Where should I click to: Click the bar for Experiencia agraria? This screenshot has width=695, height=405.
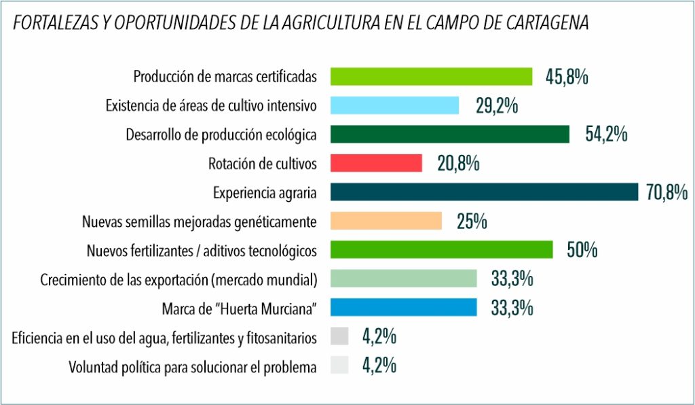point(484,192)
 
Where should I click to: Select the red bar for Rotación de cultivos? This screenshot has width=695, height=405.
point(376,163)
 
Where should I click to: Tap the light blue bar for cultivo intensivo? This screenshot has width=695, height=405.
point(394,105)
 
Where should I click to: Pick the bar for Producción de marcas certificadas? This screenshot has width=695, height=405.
point(431,76)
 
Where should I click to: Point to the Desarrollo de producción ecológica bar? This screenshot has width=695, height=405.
point(449,135)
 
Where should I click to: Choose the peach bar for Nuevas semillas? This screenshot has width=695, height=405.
point(386,222)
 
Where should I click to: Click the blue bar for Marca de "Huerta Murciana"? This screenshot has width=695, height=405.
point(404,308)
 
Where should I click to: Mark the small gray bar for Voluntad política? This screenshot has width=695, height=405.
point(339,366)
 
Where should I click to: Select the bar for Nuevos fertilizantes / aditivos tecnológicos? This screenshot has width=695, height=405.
point(441,250)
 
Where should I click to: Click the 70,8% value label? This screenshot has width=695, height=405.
point(667,193)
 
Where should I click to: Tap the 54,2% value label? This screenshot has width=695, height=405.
point(606,135)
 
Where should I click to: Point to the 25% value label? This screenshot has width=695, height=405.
point(472,222)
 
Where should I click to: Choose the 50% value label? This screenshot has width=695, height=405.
point(582,250)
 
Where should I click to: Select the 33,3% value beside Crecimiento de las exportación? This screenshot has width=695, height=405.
point(511,279)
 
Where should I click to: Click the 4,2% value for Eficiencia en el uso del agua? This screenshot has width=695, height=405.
point(379,336)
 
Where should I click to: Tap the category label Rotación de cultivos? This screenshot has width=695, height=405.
point(262,164)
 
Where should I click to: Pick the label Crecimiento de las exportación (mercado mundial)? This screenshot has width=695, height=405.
point(179,279)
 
